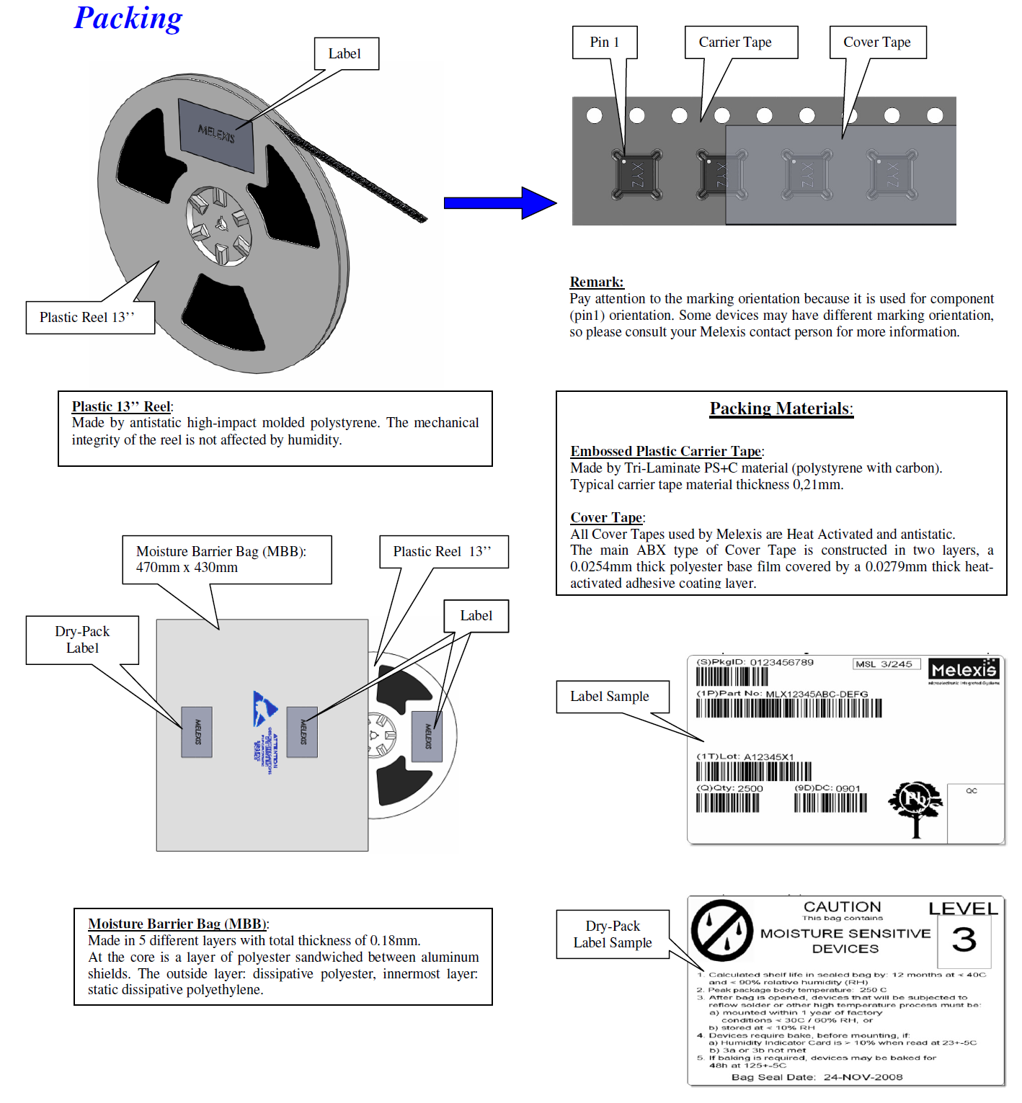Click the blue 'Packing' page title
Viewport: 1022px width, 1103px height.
tap(128, 19)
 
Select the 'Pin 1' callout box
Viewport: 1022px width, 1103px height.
tap(605, 43)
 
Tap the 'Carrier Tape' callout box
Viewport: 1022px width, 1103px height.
tap(740, 43)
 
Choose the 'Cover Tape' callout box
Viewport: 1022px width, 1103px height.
tap(877, 43)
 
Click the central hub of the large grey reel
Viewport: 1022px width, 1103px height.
tap(219, 225)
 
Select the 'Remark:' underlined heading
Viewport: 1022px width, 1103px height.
tap(597, 282)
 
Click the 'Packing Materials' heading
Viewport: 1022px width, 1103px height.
tap(781, 409)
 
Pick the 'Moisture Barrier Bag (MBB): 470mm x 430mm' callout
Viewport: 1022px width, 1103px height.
tap(226, 560)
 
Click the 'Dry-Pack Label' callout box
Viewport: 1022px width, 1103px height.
tap(82, 640)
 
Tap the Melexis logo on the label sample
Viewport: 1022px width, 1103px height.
tap(964, 671)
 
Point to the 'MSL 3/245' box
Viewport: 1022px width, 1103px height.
tap(886, 664)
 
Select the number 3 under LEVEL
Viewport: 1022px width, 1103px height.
tap(964, 940)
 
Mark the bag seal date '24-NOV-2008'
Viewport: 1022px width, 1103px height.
tap(863, 1077)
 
